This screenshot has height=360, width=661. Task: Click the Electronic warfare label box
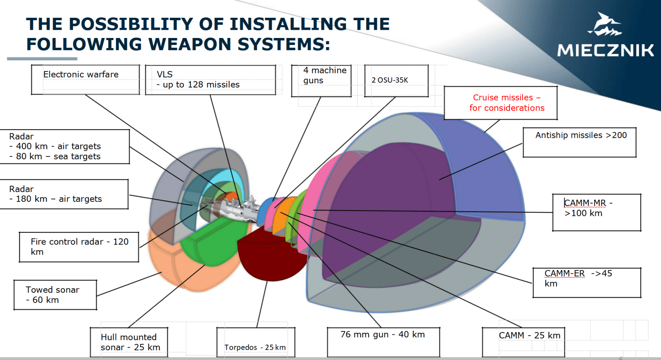85,79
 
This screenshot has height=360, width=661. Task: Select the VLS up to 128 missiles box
210,80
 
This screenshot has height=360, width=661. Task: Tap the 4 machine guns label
321,81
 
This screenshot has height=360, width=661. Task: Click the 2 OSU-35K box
396,81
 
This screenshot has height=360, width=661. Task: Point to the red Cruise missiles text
506,103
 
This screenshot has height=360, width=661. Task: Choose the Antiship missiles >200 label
579,142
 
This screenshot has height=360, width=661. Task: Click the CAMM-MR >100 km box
596,212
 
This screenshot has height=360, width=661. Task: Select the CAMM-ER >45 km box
587,282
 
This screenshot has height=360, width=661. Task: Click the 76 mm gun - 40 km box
383,342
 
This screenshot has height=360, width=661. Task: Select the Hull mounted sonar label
129,342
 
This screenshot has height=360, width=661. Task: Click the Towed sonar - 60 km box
55,295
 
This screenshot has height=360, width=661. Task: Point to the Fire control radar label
79,247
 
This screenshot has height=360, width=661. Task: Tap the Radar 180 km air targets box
64,194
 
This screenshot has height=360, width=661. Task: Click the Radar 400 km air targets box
64,147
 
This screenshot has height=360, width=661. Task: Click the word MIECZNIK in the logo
605,50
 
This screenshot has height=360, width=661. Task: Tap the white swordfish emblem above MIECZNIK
604,25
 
